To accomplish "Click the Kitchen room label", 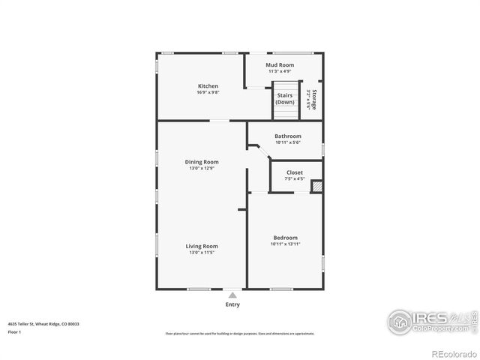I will tap(208, 85).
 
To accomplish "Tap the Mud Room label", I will tap(280, 65).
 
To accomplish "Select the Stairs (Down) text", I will tap(285, 98).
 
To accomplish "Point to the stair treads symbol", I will tap(285, 112).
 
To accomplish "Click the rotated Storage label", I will tap(315, 100).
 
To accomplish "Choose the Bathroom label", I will tap(287, 136).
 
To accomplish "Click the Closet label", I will tap(295, 172).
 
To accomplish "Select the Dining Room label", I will tap(202, 162).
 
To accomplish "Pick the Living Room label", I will tap(202, 246).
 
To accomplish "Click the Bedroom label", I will tap(285, 238).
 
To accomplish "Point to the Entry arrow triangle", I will tap(232, 295).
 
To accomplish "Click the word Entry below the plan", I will tap(232, 304).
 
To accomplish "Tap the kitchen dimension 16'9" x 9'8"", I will tap(208, 92).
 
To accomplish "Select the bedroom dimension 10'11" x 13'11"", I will tap(285, 244).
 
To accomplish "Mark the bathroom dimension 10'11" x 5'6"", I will tap(287, 142).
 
